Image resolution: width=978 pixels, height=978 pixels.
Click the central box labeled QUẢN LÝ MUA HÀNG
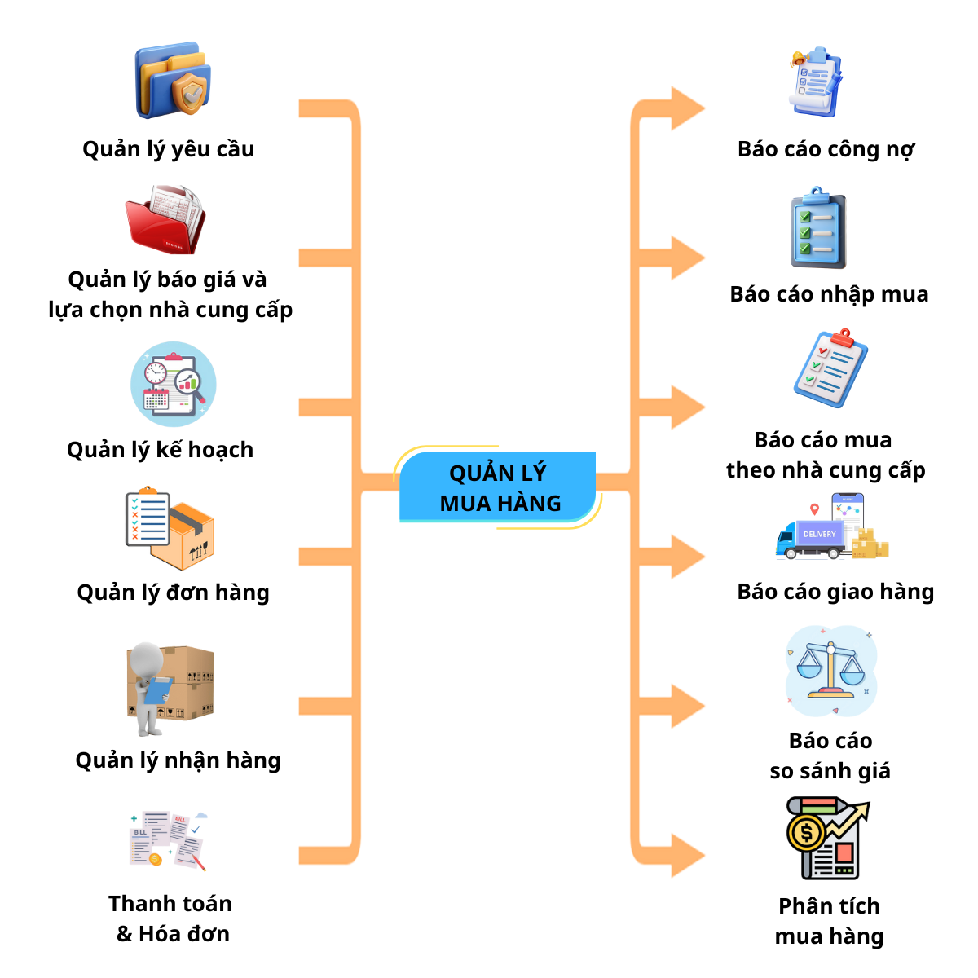[499, 487]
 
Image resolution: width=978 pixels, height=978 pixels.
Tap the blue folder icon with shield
[174, 81]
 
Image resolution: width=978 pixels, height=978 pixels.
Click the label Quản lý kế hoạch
[161, 450]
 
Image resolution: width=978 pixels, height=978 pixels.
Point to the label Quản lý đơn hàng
[173, 593]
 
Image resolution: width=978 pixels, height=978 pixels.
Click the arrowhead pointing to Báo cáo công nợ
[686, 108]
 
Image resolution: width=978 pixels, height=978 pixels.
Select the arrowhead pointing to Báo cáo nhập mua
[686, 258]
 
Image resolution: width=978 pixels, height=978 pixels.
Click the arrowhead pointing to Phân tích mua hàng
[686, 855]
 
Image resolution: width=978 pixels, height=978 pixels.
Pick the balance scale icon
[830, 670]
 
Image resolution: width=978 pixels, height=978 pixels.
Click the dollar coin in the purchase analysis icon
[807, 833]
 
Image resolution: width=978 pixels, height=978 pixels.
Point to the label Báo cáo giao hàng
[835, 592]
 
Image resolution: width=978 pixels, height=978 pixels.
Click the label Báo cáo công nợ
[826, 149]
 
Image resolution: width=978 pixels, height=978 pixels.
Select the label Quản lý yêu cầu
[169, 149]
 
